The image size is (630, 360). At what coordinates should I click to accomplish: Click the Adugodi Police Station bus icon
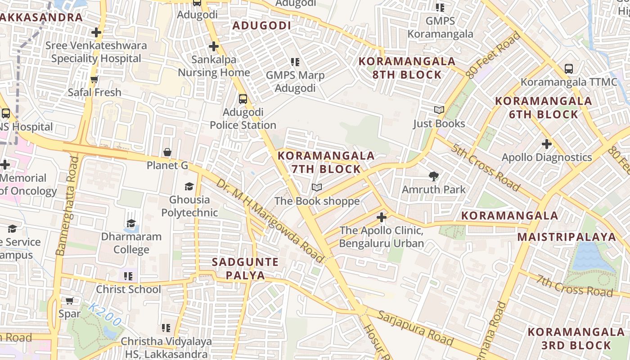tap(243, 99)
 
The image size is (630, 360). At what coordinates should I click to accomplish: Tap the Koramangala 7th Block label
tap(326, 162)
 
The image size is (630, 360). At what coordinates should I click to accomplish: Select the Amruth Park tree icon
tap(434, 176)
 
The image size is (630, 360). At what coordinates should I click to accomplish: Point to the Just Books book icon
tap(439, 110)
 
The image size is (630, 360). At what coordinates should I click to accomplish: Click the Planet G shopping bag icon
tap(167, 152)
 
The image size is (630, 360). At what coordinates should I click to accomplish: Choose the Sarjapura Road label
tap(415, 328)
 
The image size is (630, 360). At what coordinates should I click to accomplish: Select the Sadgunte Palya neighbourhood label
tap(245, 269)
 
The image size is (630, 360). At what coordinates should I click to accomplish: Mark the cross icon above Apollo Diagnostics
tap(547, 144)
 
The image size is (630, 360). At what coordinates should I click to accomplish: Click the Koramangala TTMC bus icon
tap(569, 69)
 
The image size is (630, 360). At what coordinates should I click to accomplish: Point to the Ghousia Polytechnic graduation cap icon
tap(189, 186)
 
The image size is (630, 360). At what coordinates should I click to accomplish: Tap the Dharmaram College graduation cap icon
tap(131, 223)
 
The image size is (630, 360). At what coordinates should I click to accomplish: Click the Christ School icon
tap(128, 276)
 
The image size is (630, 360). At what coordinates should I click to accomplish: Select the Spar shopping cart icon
tap(70, 301)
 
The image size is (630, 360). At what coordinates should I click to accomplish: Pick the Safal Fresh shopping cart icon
tap(94, 79)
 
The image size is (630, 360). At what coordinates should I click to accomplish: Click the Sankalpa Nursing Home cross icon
tap(214, 46)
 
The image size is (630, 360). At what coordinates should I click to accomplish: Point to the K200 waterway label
tap(104, 315)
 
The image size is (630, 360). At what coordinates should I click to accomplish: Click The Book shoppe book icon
tap(317, 187)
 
